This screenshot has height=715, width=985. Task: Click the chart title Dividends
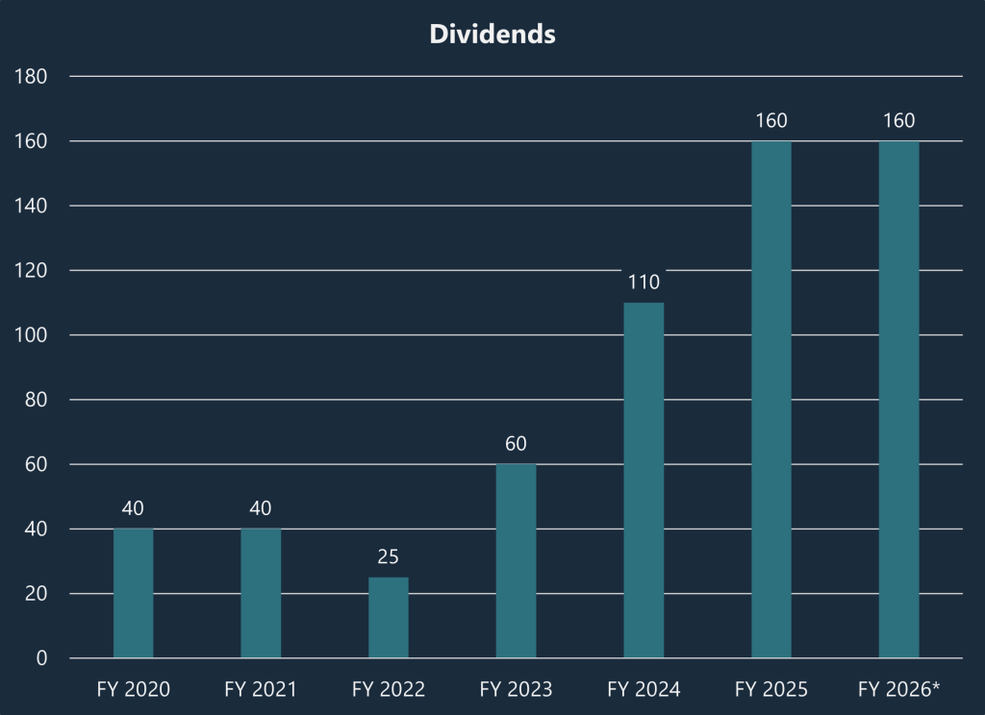click(492, 34)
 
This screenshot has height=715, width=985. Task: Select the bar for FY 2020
click(133, 593)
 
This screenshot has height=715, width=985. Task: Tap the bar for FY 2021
click(261, 593)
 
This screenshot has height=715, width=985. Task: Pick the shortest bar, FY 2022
click(389, 618)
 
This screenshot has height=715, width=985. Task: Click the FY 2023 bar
click(516, 561)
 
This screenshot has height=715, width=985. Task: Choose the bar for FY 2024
click(644, 481)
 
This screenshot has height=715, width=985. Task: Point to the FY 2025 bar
click(771, 400)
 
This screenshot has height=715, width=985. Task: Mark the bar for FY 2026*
click(898, 400)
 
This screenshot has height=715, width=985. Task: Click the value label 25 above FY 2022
click(389, 556)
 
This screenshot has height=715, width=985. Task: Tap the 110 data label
click(644, 283)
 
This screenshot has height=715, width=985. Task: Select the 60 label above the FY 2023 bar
click(516, 444)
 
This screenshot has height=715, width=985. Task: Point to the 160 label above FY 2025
click(771, 121)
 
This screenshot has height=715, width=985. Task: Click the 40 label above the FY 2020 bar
click(133, 508)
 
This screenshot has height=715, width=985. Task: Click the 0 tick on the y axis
click(41, 658)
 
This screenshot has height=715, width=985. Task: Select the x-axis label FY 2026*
click(898, 690)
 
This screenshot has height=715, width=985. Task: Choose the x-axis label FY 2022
click(389, 690)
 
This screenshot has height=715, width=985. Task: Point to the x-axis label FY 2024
click(644, 690)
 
